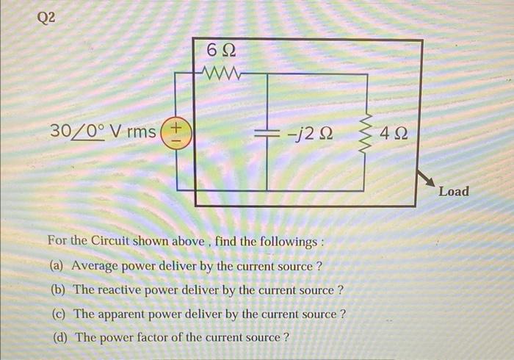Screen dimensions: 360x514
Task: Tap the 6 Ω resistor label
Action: [222, 53]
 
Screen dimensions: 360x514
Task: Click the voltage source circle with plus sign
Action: [175, 132]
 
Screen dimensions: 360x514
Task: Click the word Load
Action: [453, 192]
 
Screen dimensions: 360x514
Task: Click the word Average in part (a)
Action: [96, 266]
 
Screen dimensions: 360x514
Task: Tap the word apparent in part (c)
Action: [126, 314]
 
